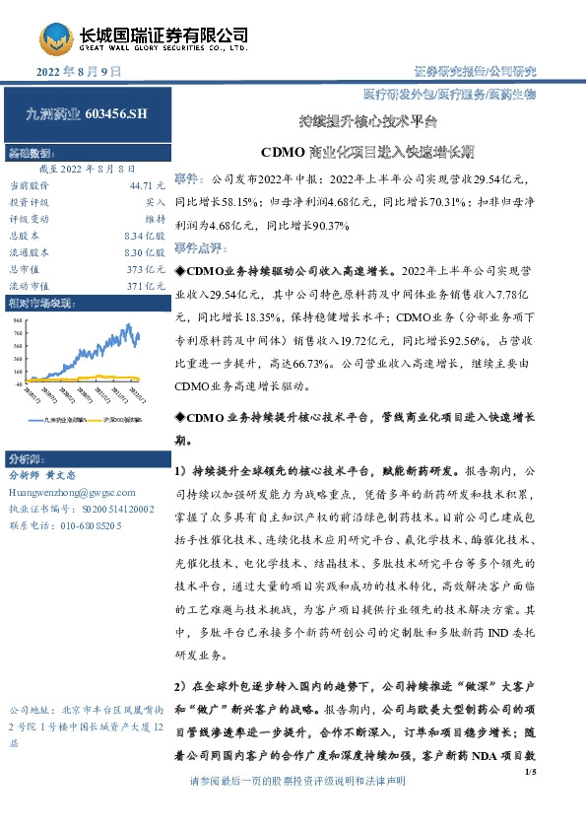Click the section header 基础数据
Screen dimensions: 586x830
pyautogui.click(x=33, y=155)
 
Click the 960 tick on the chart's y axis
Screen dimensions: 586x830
pyautogui.click(x=19, y=321)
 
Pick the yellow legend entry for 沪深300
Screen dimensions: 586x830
pyautogui.click(x=122, y=420)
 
